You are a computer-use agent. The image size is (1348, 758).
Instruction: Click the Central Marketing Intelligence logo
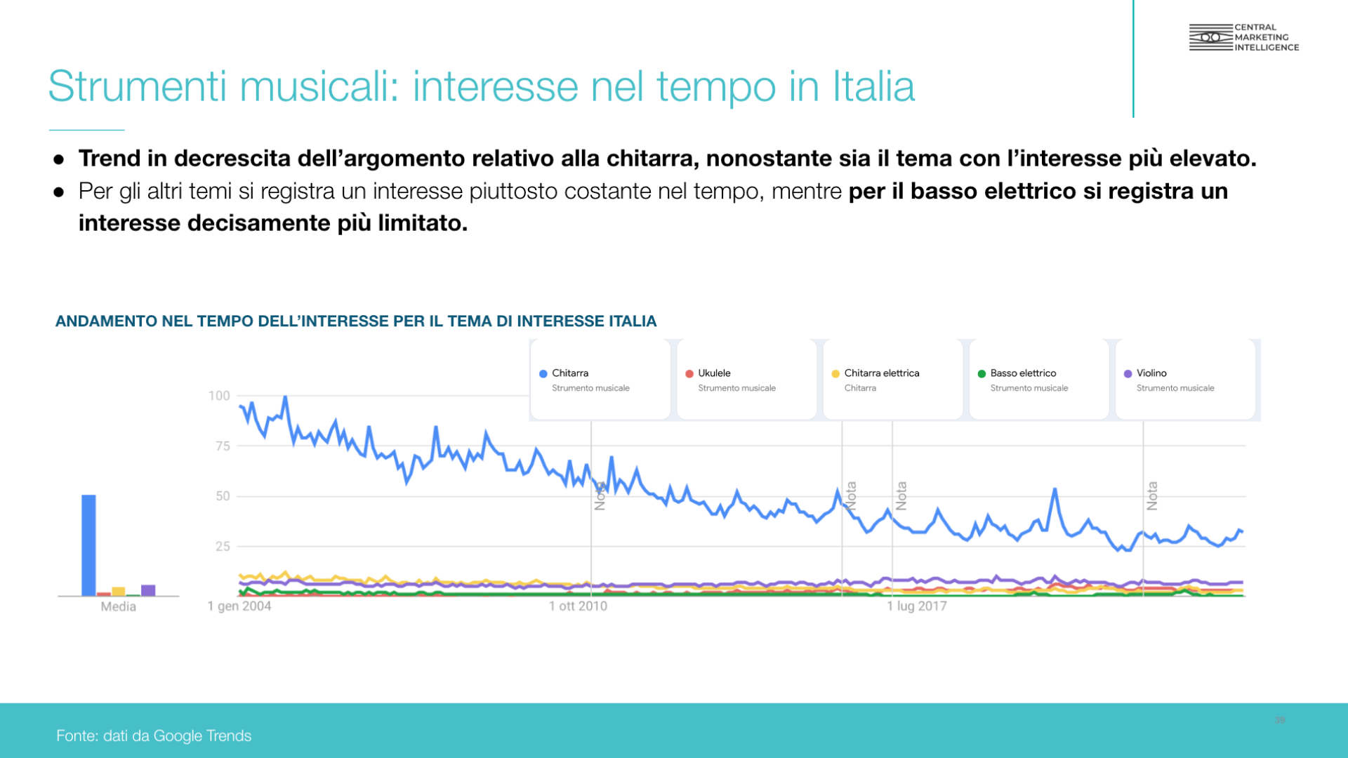click(1243, 37)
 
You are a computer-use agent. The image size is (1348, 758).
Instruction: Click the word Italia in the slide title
click(873, 86)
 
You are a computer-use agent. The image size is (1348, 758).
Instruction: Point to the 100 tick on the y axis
click(219, 396)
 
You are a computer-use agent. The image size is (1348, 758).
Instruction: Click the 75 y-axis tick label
click(223, 446)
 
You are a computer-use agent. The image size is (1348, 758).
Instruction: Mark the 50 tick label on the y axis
click(223, 496)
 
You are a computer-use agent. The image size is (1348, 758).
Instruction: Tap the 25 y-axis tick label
click(223, 546)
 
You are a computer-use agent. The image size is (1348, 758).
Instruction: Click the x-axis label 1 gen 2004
click(239, 606)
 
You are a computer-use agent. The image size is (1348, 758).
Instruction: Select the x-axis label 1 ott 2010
click(578, 606)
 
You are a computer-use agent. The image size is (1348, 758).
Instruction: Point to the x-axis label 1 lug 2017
click(916, 606)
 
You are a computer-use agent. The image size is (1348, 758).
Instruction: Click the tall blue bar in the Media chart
click(88, 545)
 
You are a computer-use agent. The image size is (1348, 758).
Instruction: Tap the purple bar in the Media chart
click(148, 590)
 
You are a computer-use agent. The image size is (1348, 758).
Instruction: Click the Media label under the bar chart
click(118, 606)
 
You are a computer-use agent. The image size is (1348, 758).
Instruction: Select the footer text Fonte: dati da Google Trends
click(154, 736)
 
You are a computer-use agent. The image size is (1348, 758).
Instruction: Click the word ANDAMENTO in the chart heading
click(106, 321)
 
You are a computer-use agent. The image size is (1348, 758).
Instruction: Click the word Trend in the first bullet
click(110, 159)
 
